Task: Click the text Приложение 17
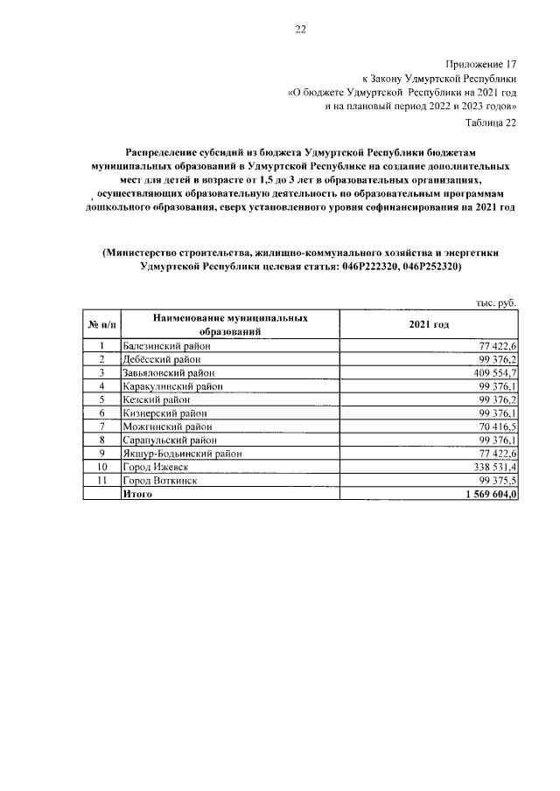pyautogui.click(x=481, y=65)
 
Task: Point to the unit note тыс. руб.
pyautogui.click(x=496, y=302)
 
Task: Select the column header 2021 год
pyautogui.click(x=429, y=325)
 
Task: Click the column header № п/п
pyautogui.click(x=101, y=325)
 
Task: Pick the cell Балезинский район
pyautogui.click(x=166, y=347)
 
